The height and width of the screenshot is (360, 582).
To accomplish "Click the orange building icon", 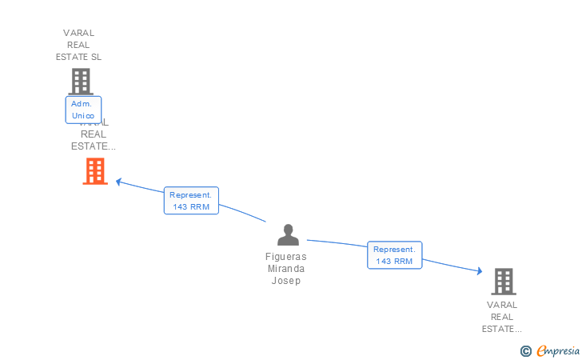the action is (95, 170).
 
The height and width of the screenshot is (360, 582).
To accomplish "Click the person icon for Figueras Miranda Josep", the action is (288, 234).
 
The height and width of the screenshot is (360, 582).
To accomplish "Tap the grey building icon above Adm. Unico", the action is (81, 82).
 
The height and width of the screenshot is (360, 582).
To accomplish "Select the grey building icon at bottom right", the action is (503, 281).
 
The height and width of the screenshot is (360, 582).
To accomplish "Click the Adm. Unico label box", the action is (82, 110).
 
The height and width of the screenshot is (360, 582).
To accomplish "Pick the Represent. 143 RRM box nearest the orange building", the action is (191, 201).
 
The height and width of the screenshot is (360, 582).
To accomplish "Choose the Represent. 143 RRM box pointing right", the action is (394, 255).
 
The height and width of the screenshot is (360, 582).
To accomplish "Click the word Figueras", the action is (286, 257).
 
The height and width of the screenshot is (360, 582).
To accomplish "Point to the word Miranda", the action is (286, 269).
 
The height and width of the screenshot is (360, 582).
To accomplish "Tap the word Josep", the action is (286, 281).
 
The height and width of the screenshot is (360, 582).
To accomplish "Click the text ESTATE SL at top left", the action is (79, 57).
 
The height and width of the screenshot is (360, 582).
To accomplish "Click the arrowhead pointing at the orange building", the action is (118, 182).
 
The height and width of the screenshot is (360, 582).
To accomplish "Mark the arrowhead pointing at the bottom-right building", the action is (479, 271).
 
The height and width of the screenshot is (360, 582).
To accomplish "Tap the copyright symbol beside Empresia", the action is (525, 350).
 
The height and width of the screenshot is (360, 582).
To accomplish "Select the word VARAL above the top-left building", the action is (79, 33).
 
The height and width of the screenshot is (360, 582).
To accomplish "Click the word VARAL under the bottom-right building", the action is (503, 305).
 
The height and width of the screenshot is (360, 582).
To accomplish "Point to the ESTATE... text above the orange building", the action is (94, 146).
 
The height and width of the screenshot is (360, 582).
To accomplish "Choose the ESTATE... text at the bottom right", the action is (502, 329).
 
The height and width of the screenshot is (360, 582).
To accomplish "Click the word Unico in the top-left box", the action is (83, 116).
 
